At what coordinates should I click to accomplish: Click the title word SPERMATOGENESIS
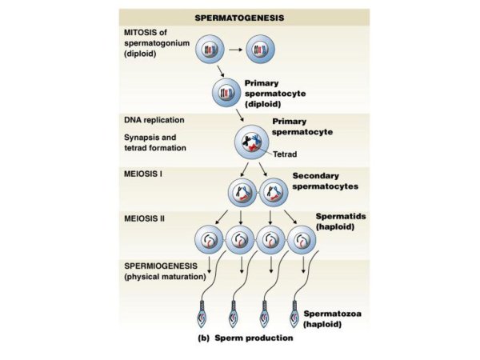click(243, 16)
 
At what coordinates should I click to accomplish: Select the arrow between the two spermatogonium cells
click(235, 53)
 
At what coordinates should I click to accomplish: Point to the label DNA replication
click(154, 120)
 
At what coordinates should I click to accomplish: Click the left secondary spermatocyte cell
click(242, 193)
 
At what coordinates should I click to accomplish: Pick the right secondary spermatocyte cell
click(274, 193)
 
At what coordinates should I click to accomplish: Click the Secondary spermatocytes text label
click(323, 182)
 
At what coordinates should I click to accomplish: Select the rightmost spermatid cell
click(302, 238)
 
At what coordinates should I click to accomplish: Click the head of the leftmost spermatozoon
click(203, 311)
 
